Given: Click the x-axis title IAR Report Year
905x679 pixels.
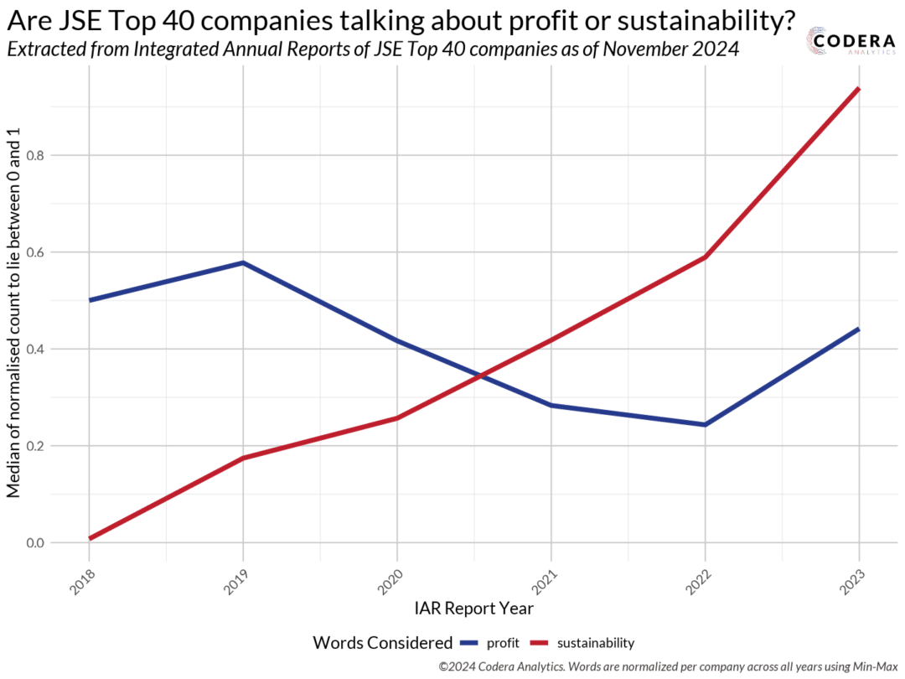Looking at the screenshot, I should [473, 607].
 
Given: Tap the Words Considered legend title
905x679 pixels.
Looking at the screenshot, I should [382, 643].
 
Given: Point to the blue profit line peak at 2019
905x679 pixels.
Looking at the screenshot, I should [243, 263].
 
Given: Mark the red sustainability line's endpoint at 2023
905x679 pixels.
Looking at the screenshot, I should [858, 89].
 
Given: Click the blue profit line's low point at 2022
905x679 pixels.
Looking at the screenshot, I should [705, 424].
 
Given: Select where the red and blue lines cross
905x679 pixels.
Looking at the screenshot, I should [479, 376].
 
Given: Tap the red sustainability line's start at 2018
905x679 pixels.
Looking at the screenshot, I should [90, 538].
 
